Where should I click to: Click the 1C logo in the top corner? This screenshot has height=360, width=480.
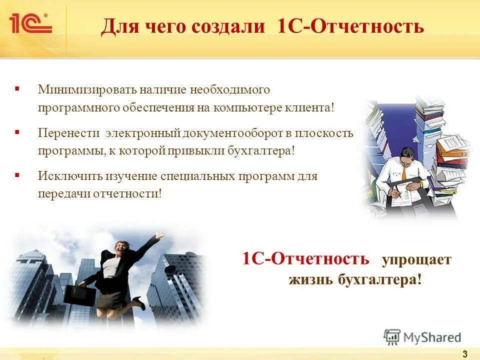pos(30,23)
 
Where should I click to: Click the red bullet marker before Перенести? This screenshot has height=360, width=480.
pos(17,132)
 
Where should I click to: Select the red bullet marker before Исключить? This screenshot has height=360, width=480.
pos(17,175)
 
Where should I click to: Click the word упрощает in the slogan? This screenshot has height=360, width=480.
pos(416,260)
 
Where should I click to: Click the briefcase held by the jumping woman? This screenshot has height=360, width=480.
pos(79,295)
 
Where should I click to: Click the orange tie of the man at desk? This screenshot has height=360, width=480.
pos(404,173)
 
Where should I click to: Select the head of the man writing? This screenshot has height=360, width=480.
pos(405,155)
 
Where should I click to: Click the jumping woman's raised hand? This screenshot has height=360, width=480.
pos(159,234)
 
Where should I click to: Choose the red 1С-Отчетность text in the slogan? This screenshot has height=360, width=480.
pos(305,259)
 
